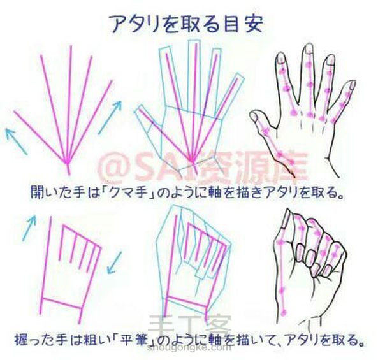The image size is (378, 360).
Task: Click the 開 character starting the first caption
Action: (38, 192)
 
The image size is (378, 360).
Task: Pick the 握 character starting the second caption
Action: (21, 339)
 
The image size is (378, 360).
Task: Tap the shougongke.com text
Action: (187, 347)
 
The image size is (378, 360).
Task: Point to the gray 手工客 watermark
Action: (190, 326)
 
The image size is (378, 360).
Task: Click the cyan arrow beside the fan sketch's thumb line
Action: (16, 141)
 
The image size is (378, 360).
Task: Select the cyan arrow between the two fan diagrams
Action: (110, 117)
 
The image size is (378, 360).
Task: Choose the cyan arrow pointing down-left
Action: (114, 263)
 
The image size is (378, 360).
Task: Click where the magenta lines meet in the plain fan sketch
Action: (68, 162)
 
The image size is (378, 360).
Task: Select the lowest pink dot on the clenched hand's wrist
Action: (284, 312)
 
